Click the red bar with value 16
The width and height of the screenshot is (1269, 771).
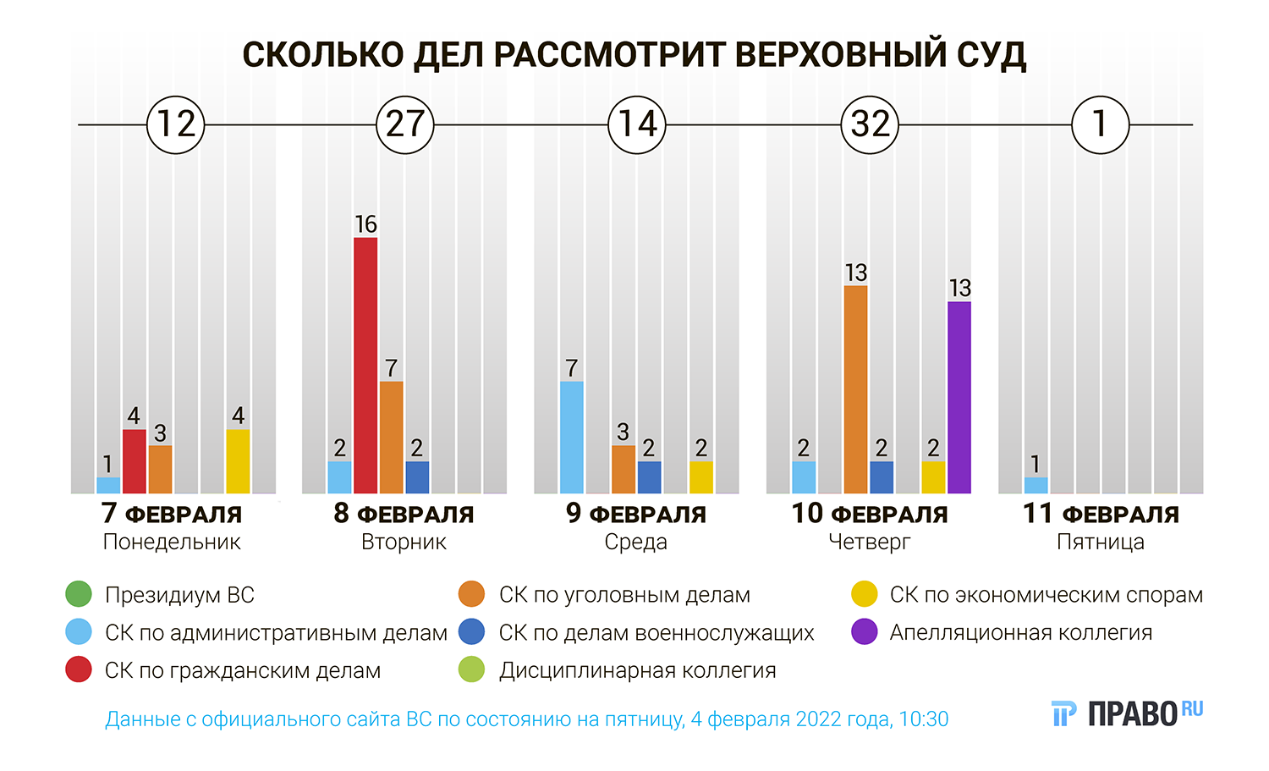point(365,366)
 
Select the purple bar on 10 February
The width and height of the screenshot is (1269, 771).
point(959,398)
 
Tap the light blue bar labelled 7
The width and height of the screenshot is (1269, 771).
point(572,438)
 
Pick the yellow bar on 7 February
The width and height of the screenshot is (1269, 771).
point(238,461)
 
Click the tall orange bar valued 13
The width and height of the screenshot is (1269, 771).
point(855,389)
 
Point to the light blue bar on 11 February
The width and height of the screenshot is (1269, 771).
point(1036,485)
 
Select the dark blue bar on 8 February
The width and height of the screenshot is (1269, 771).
point(417,477)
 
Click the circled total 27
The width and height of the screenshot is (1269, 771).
point(405,124)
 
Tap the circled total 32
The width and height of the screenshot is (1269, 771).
point(870,124)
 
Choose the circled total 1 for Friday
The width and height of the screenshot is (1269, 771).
point(1100,124)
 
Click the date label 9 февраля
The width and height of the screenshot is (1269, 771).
point(635,514)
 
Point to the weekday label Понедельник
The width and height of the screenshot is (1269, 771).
point(172,542)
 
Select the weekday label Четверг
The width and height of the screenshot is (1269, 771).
point(869,542)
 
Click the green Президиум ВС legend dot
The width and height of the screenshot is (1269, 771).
point(78,594)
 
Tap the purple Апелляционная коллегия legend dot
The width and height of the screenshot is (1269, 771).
point(864,632)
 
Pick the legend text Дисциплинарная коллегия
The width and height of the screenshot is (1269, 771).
point(637,671)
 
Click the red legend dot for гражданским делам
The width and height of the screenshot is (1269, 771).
point(78,670)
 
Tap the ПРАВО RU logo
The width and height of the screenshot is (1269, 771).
point(1127,713)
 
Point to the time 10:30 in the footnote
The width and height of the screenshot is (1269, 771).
point(923,719)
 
